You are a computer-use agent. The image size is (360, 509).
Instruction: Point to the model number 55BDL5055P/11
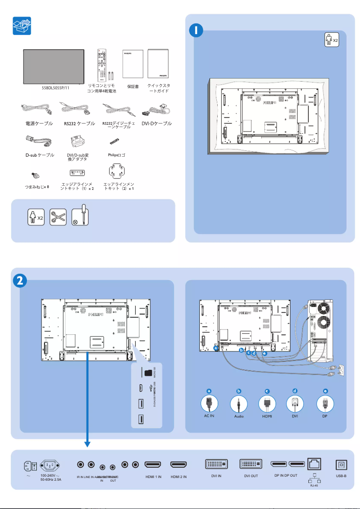[56, 88]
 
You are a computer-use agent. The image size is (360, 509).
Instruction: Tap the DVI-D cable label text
[156, 123]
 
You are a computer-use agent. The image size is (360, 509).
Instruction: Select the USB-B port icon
[341, 465]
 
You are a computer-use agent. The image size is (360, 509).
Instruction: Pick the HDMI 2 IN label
[179, 476]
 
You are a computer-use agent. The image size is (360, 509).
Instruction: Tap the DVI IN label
[216, 476]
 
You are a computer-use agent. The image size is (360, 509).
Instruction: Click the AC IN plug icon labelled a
[209, 404]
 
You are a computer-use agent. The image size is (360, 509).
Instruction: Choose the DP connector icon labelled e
[325, 404]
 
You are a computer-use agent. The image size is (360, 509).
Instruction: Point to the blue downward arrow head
[88, 444]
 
